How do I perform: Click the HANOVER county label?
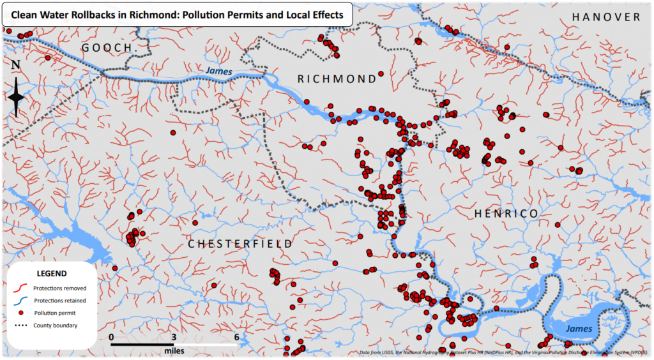click(605, 17)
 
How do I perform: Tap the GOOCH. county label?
click(107, 49)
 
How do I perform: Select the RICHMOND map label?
click(338, 79)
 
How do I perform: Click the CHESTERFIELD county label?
click(240, 244)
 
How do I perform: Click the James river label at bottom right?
click(579, 328)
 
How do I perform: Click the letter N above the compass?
click(16, 65)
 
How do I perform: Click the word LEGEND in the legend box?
click(52, 273)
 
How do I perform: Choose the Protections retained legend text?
click(60, 301)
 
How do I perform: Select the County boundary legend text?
click(56, 326)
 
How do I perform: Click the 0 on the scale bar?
click(111, 337)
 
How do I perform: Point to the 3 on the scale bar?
click(174, 337)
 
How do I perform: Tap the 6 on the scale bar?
click(236, 337)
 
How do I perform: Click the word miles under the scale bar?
click(174, 351)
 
